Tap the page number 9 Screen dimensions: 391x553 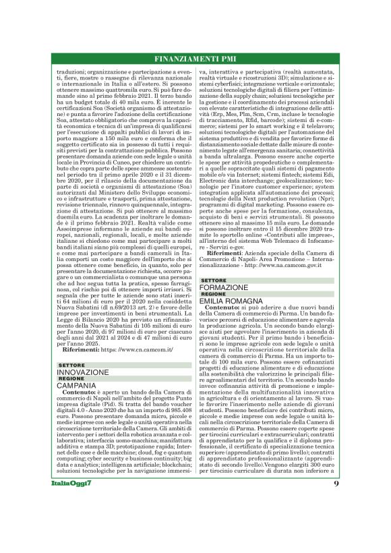coord(335,521)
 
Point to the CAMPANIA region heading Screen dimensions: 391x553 coord(77,385)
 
